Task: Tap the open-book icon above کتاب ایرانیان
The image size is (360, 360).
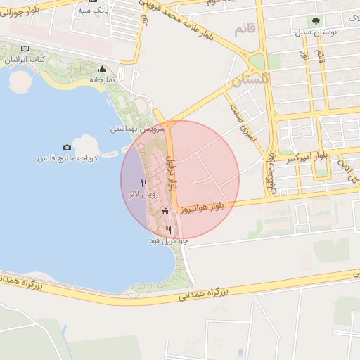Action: coord(26,49)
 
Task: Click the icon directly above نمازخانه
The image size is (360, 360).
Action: coord(103,69)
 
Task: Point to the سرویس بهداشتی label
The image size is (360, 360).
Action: coord(137,130)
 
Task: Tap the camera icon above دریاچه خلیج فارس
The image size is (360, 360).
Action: coord(67,147)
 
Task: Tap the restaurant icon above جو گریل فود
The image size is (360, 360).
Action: coord(168,230)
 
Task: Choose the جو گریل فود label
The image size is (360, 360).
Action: coord(169,241)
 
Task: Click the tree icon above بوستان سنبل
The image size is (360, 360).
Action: coord(316,22)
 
